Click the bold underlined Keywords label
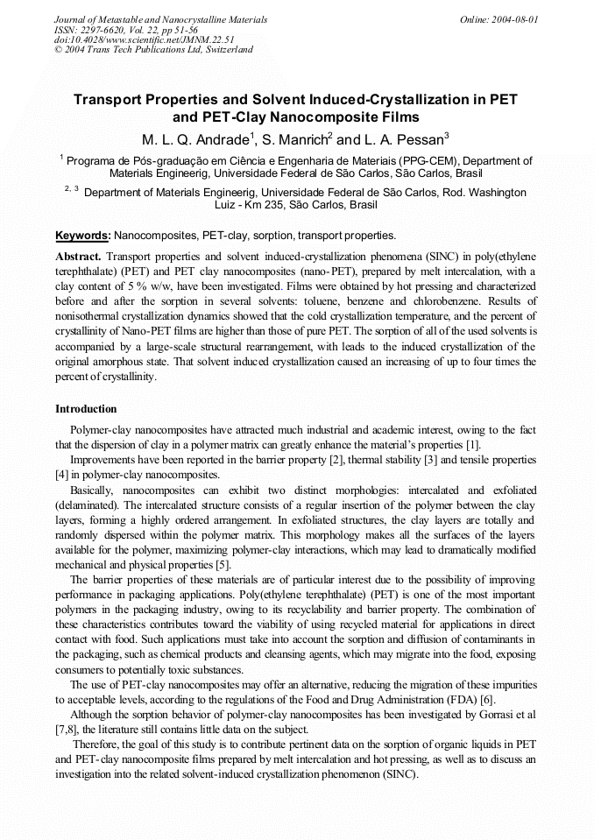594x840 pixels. coord(82,236)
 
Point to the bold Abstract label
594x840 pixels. coord(79,257)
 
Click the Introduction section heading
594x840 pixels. coord(86,409)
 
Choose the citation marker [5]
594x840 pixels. coord(223,566)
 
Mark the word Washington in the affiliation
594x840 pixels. coord(494,192)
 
